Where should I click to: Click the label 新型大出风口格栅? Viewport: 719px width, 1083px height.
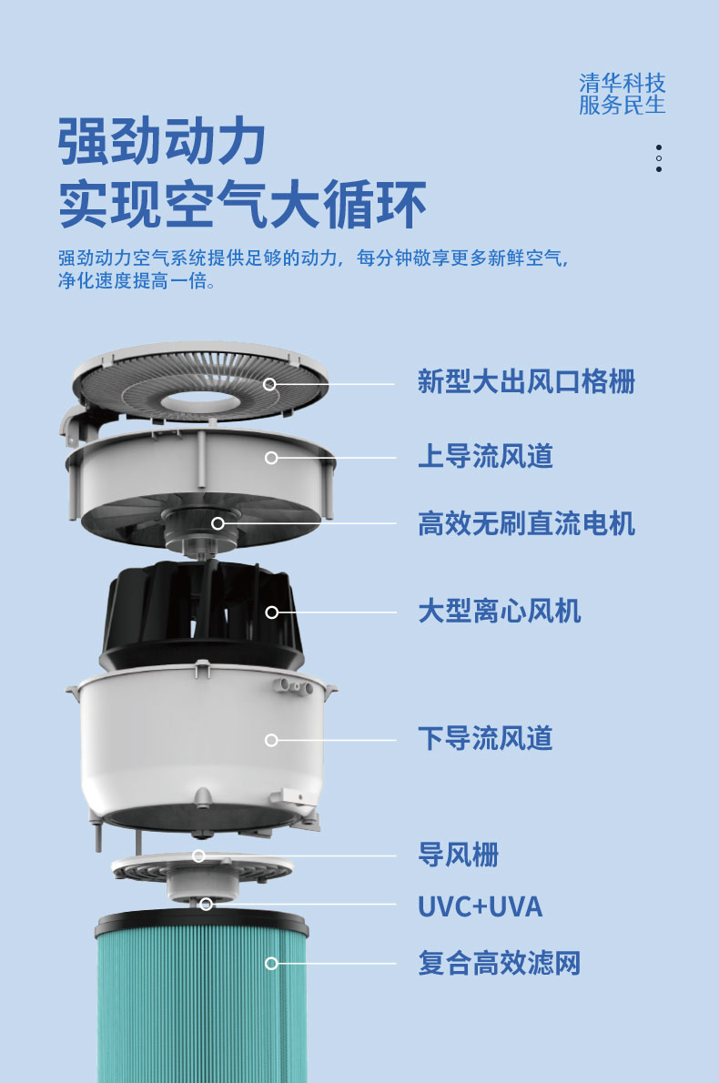pos(526,382)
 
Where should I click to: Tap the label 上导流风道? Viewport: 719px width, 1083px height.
pos(485,457)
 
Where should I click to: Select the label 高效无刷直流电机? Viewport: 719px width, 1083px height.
pos(526,523)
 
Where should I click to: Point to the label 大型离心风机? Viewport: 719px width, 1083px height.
pos(500,612)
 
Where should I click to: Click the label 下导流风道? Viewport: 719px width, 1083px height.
pos(485,738)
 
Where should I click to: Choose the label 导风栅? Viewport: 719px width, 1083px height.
pos(459,855)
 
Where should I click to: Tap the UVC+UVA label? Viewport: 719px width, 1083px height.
pos(480,906)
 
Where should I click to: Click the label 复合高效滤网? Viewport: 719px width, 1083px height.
pos(500,963)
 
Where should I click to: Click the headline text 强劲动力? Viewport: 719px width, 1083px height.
pos(162,142)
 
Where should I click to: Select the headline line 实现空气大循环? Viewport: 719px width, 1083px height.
pos(242,205)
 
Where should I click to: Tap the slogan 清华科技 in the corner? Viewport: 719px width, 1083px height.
pos(623,83)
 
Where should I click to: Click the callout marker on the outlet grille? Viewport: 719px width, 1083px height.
pos(270,384)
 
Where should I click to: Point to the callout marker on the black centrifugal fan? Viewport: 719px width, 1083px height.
pos(272,612)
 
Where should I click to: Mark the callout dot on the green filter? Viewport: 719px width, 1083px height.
pos(271,963)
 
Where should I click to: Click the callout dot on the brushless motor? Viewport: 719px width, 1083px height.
pos(218,523)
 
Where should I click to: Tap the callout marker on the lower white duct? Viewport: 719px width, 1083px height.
pos(271,740)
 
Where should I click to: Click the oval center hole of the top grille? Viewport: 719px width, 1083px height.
pos(199,400)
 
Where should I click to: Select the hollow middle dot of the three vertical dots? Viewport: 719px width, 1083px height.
pos(659,158)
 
